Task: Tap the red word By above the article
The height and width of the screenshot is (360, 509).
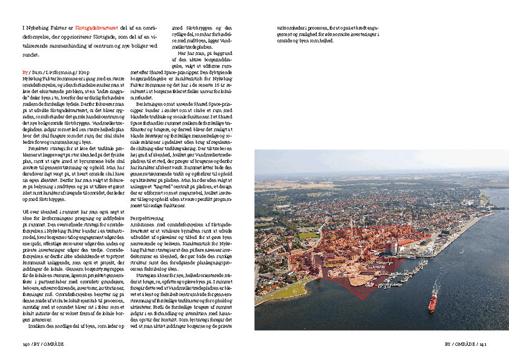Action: [x=25, y=73]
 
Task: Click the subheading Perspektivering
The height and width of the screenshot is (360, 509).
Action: [x=146, y=217]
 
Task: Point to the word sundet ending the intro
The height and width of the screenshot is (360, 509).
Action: [x=30, y=55]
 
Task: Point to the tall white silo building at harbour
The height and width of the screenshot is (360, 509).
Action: [x=392, y=248]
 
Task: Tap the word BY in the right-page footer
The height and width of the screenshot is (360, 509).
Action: [x=448, y=343]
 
